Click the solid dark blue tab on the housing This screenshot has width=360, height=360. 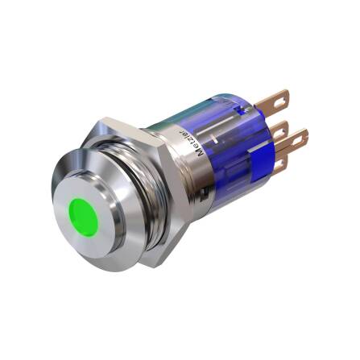point(256,172)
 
